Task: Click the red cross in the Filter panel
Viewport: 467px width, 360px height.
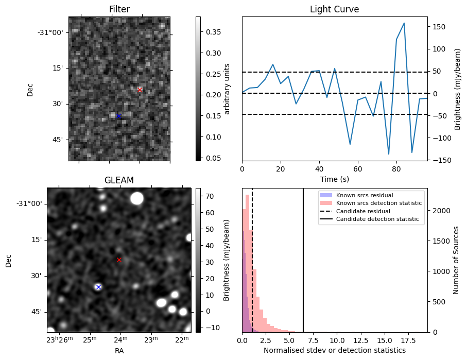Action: click(140, 90)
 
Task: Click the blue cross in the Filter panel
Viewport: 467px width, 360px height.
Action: click(118, 116)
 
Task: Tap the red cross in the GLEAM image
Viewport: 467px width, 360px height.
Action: click(119, 260)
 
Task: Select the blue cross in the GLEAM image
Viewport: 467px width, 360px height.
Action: click(98, 287)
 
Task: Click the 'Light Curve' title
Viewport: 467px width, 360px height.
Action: click(334, 9)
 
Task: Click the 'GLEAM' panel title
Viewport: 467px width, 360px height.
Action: click(119, 180)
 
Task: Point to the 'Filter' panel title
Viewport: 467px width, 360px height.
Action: click(119, 9)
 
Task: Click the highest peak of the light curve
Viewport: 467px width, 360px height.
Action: click(404, 23)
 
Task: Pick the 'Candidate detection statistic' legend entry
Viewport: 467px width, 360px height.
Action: click(379, 219)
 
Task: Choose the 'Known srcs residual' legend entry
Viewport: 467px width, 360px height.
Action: click(365, 195)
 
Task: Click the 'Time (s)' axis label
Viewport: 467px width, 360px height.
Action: click(334, 179)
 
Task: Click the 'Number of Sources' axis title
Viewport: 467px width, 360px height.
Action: click(456, 260)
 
